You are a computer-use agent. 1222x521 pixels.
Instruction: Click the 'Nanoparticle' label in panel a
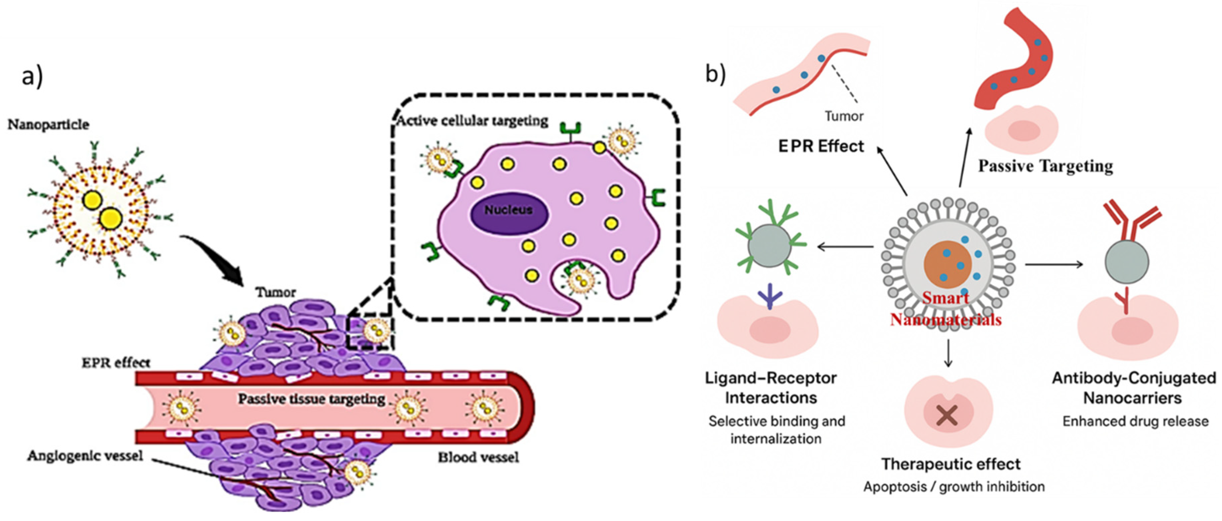(x=48, y=125)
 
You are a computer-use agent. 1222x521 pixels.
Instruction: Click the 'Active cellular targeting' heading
(x=472, y=121)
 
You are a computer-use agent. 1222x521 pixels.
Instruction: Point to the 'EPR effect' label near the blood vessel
(x=116, y=363)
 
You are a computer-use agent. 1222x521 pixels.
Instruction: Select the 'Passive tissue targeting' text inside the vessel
(x=311, y=399)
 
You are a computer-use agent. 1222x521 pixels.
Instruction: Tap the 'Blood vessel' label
(x=478, y=457)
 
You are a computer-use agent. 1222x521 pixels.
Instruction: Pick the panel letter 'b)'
(x=715, y=74)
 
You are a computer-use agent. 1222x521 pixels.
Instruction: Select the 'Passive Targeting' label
(x=1045, y=166)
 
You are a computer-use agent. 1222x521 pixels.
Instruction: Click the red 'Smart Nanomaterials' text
(x=945, y=309)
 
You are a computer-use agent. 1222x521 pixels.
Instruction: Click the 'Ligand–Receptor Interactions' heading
(x=771, y=387)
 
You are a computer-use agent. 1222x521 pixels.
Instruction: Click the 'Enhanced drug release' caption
(x=1135, y=421)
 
